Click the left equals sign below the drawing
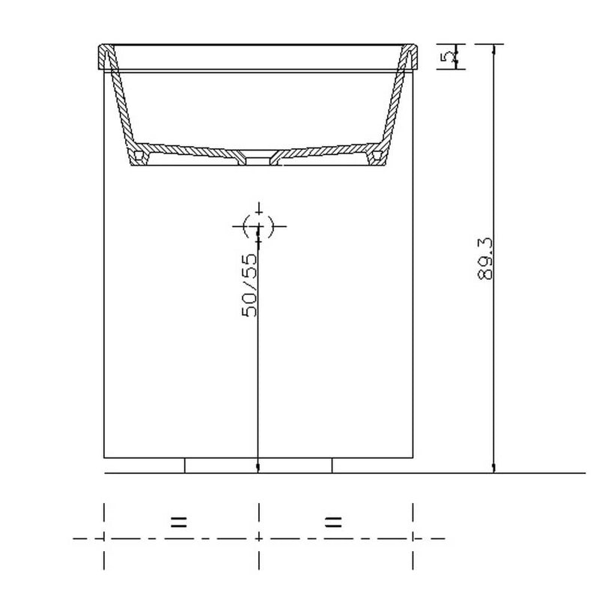pyautogui.click(x=178, y=522)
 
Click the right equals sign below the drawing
pyautogui.click(x=333, y=522)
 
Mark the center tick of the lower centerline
pyautogui.click(x=258, y=538)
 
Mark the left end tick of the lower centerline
pyautogui.click(x=103, y=538)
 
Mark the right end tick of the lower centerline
pyautogui.click(x=413, y=538)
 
